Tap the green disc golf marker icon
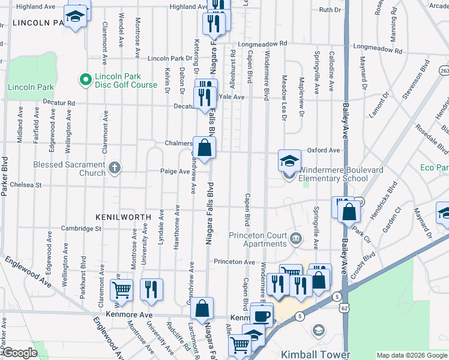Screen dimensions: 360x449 (85, 79)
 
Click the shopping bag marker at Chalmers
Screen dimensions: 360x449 (204, 148)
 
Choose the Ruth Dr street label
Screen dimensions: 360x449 (330, 10)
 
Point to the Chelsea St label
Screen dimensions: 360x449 (25, 185)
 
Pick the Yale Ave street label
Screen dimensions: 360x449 (232, 97)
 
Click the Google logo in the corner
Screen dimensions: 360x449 (19, 353)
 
